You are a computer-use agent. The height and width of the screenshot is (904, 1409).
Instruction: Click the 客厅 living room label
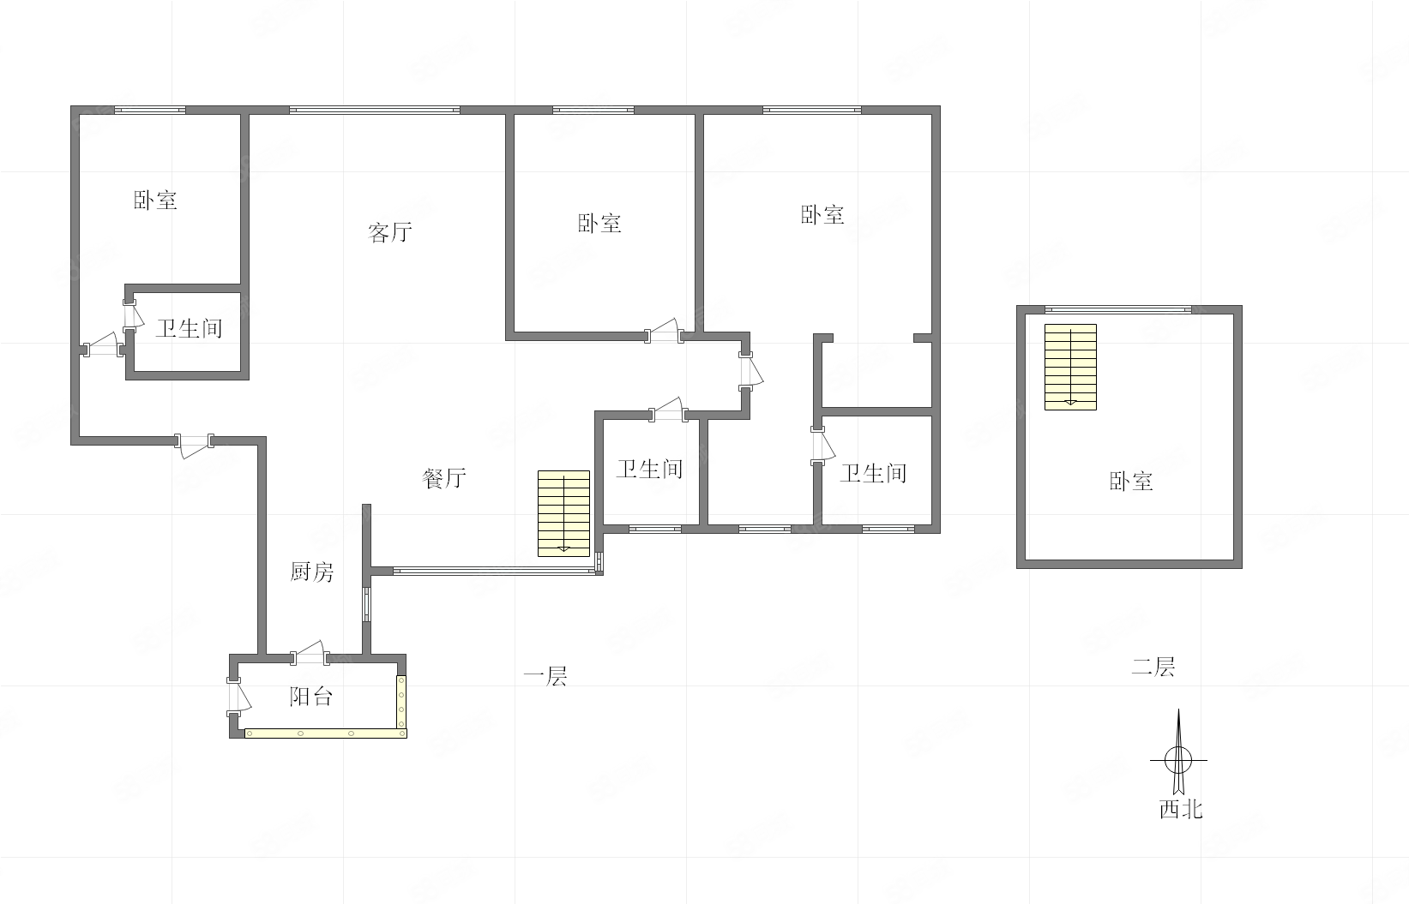click(x=390, y=232)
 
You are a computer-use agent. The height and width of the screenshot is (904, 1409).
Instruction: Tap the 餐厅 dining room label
click(x=444, y=478)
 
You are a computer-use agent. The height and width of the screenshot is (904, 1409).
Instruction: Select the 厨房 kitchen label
click(x=312, y=572)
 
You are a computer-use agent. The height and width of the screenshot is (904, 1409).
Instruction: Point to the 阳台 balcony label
click(x=311, y=696)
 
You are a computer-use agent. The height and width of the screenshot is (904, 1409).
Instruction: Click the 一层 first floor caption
click(x=545, y=676)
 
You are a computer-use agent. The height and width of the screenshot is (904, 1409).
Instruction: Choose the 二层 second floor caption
click(x=1153, y=667)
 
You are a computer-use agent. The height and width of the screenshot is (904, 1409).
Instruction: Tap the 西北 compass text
click(x=1181, y=809)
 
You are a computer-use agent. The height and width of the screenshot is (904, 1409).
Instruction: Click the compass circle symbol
click(x=1178, y=760)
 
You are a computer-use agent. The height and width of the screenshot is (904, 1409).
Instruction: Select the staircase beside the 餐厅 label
click(x=563, y=513)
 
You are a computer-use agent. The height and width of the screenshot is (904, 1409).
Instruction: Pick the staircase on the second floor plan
click(x=1070, y=367)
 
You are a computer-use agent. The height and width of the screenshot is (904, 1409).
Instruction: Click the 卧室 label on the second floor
click(x=1131, y=482)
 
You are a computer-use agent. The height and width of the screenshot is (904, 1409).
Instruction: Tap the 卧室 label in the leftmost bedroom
click(x=155, y=200)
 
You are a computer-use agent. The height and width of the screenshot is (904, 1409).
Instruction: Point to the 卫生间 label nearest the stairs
click(x=649, y=469)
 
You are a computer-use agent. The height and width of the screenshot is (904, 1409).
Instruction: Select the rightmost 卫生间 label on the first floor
click(x=873, y=473)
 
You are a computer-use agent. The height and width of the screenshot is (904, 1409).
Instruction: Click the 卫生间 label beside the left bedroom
click(x=190, y=328)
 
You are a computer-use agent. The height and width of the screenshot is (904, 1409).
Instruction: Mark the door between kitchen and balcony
click(x=310, y=655)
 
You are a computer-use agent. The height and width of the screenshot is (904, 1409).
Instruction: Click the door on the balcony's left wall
click(x=238, y=697)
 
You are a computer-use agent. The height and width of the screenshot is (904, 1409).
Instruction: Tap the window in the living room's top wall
click(x=375, y=110)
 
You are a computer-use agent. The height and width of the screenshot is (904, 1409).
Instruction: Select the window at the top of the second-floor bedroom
click(x=1118, y=309)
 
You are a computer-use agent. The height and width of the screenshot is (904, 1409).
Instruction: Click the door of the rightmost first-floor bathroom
click(x=822, y=446)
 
